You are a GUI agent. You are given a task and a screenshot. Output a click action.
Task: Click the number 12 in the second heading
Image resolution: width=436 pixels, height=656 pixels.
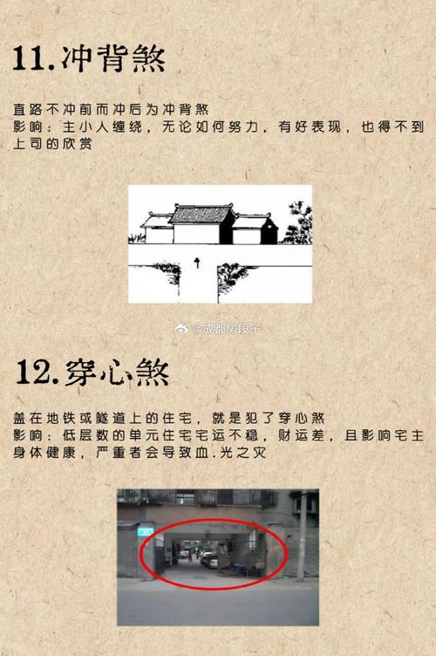36,372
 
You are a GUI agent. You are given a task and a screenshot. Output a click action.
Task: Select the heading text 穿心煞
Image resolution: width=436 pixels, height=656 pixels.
117,372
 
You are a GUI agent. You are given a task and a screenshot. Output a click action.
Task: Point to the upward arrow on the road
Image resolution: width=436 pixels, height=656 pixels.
197,261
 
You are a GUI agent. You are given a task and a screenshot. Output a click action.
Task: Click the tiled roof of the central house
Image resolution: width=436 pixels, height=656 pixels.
201,215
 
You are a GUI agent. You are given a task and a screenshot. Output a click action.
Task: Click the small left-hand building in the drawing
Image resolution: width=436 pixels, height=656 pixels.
157,229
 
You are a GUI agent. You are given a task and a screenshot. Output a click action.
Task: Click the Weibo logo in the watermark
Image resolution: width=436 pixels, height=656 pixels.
182,329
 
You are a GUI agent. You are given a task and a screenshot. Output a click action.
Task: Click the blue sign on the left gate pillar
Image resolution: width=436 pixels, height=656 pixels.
146,530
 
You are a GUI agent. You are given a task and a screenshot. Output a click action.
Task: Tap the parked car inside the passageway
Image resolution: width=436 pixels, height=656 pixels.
210,559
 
